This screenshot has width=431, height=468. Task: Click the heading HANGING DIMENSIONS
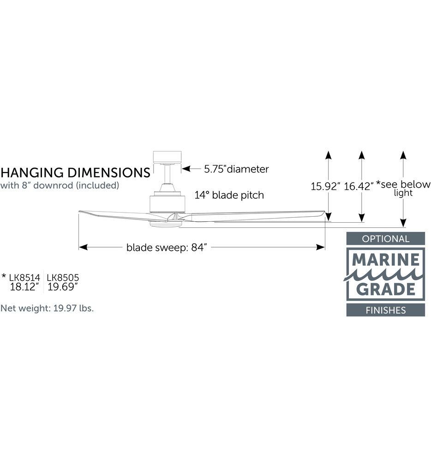click(75, 172)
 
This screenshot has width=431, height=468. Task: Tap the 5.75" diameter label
click(236, 169)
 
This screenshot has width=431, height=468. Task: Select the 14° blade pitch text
click(229, 195)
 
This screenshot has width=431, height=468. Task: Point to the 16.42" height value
click(359, 186)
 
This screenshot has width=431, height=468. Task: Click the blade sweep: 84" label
click(167, 248)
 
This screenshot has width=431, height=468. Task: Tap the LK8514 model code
click(24, 277)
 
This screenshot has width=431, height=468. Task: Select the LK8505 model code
click(63, 277)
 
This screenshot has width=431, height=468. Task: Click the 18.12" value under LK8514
click(24, 287)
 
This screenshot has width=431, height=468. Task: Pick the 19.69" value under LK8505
click(63, 287)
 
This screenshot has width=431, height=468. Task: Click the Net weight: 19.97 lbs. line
click(47, 308)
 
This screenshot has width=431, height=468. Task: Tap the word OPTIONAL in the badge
click(385, 239)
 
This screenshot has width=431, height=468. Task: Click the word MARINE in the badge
click(386, 260)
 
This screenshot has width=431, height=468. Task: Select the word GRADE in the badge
click(386, 289)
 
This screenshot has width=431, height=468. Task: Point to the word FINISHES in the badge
click(386, 310)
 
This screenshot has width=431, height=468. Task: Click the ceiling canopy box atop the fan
click(167, 157)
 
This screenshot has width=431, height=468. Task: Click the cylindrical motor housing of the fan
click(167, 203)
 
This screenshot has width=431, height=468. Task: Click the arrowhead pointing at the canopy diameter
click(186, 169)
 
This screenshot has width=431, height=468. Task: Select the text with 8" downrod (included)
click(60, 185)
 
